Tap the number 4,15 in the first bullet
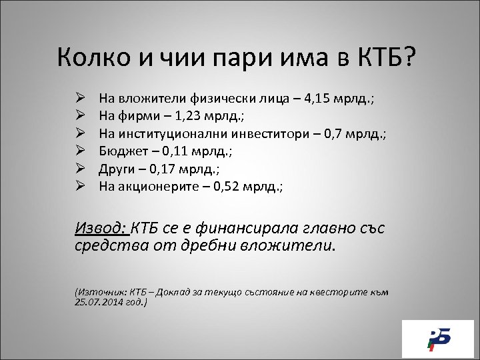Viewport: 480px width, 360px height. tap(318, 99)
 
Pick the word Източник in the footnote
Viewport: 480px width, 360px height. tap(102, 293)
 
